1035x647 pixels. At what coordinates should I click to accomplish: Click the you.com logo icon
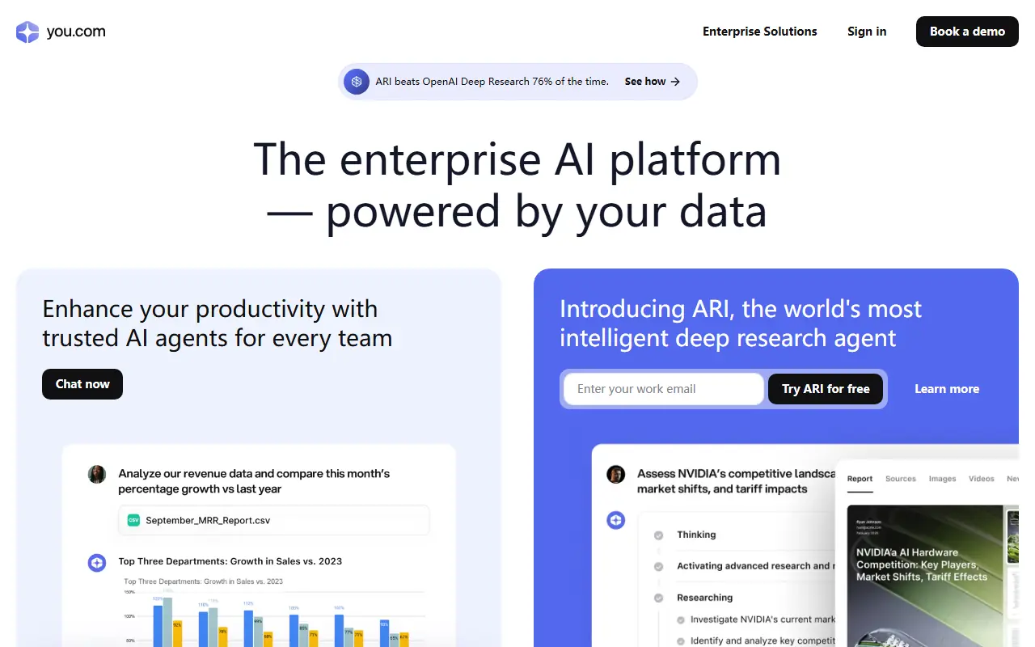coord(27,32)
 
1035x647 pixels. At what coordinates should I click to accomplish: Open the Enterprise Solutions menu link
coord(759,32)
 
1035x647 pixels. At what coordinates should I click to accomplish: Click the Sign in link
coord(867,32)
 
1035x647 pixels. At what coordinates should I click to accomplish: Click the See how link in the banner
coord(652,82)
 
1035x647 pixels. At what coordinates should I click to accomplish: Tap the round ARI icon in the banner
coord(357,82)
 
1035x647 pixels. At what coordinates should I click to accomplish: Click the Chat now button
coord(82,384)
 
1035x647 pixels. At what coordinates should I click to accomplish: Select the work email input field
coord(663,389)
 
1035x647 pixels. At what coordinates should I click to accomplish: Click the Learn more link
coord(947,389)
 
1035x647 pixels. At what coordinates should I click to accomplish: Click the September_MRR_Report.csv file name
coord(208,521)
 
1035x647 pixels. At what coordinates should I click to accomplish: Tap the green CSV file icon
coord(133,521)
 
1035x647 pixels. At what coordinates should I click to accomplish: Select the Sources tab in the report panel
coord(900,479)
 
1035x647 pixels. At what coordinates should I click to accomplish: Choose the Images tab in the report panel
coord(942,479)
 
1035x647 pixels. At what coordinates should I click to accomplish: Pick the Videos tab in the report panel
coord(981,479)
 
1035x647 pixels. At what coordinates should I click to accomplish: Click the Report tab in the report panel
coord(860,479)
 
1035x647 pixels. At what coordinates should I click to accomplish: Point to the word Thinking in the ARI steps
coord(696,535)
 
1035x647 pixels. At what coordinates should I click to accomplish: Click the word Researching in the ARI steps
coord(704,598)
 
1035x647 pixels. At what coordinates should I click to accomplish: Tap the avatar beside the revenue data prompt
coord(97,474)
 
